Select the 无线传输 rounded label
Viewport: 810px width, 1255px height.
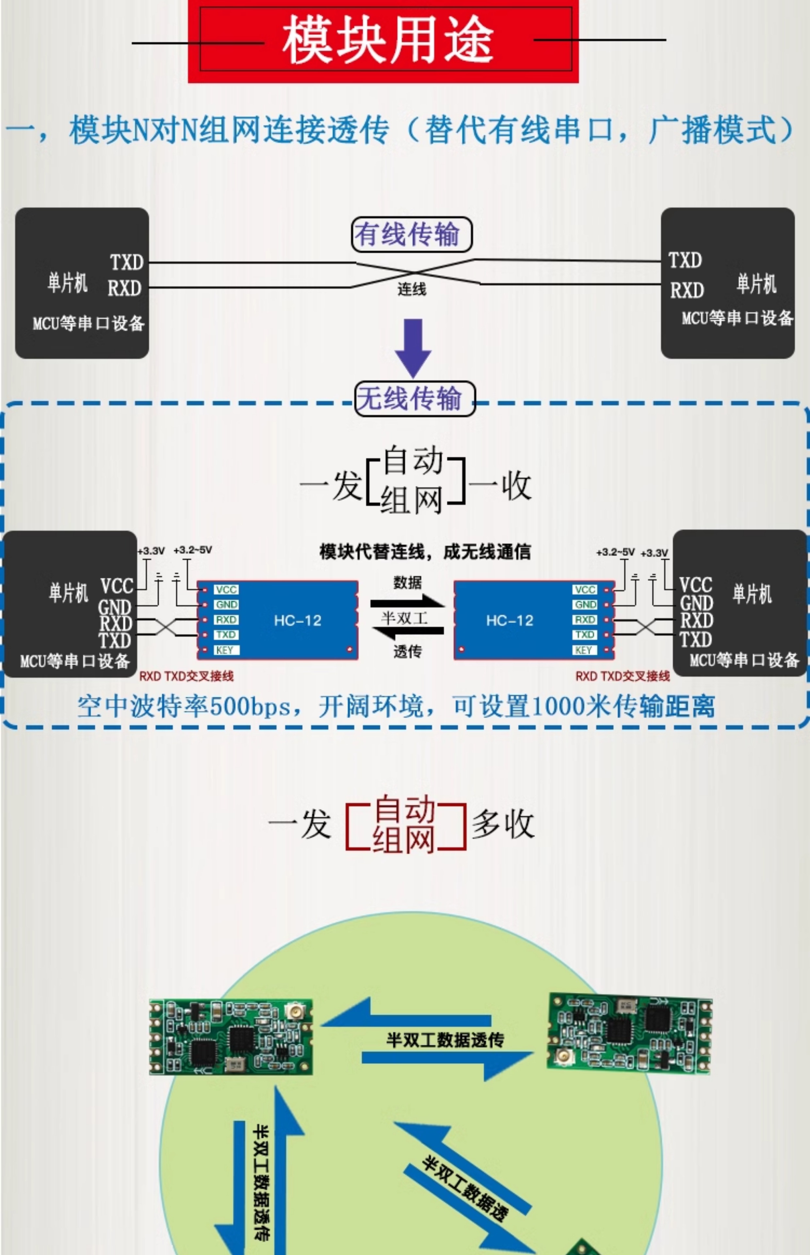tap(414, 398)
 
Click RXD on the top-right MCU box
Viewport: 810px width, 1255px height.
tap(687, 290)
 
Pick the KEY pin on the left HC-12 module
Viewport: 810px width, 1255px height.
tap(225, 650)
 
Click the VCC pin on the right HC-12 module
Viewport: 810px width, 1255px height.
tap(585, 589)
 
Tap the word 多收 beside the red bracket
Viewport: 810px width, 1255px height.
tap(503, 824)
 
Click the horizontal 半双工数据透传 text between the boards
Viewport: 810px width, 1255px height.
tap(445, 1039)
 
